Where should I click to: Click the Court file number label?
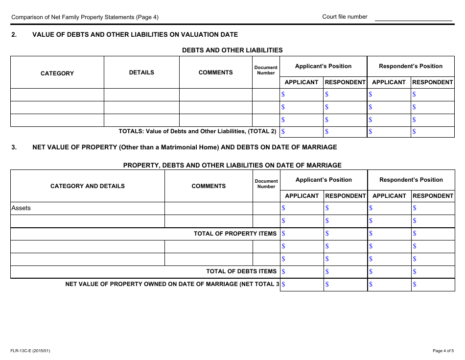point(345,17)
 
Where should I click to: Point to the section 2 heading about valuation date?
point(135,35)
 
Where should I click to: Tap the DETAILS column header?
point(141,72)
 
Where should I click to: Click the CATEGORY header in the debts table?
point(57,73)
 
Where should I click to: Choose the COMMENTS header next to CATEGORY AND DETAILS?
point(209,186)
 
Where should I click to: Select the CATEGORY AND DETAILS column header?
point(88,186)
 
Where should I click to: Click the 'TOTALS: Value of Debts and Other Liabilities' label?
point(197,131)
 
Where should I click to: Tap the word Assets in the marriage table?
point(21,208)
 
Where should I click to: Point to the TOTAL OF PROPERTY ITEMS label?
point(235,234)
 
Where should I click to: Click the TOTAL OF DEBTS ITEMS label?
point(241,271)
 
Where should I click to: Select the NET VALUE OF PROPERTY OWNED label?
point(172,284)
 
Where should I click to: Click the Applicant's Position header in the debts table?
point(323,66)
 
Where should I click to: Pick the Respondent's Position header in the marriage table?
point(411,180)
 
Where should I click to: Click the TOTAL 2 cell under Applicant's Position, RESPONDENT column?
point(345,131)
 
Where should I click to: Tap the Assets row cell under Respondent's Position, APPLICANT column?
point(389,208)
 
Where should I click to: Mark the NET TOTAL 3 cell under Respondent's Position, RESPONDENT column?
point(433,284)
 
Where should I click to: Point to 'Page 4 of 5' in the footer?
point(443,351)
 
